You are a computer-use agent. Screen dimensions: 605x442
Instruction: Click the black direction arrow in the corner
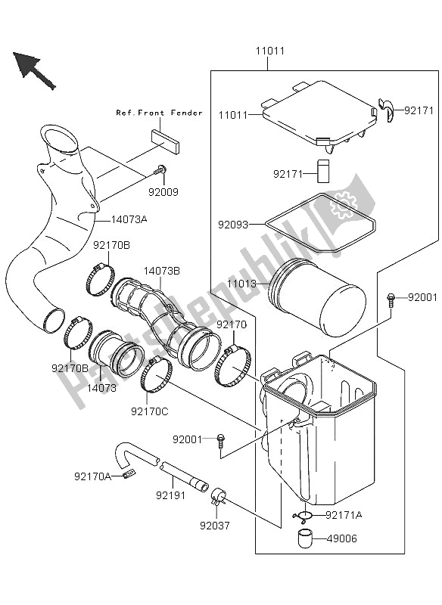(33, 70)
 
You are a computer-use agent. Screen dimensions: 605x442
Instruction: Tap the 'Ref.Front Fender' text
(159, 113)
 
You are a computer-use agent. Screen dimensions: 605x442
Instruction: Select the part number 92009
(163, 192)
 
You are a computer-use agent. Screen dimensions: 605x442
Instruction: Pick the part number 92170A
(92, 476)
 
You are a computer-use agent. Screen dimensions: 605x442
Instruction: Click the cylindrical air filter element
(322, 302)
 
